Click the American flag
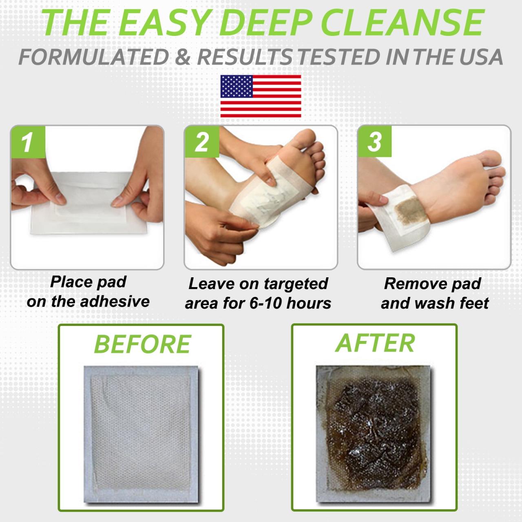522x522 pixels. point(261,96)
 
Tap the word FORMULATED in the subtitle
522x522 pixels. point(93,57)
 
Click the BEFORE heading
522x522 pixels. point(142,344)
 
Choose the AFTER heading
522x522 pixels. point(374,343)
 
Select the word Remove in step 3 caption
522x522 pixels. point(408,284)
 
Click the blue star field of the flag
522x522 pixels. point(236,86)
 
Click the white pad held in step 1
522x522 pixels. point(88,212)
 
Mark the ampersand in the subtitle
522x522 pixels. point(184,57)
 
